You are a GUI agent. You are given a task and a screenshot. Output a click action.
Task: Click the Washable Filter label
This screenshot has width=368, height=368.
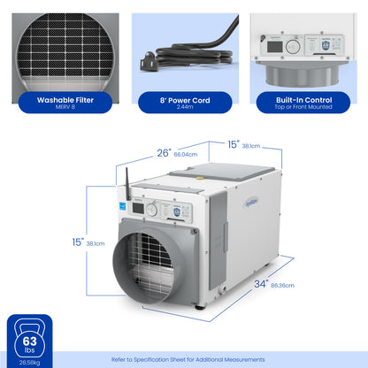tap(61, 100)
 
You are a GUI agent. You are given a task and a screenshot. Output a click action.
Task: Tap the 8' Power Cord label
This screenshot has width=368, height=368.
tap(184, 100)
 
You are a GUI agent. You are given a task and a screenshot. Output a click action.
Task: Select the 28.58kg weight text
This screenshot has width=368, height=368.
tap(29, 362)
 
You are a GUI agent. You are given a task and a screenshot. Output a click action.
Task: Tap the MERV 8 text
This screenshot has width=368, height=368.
tap(61, 110)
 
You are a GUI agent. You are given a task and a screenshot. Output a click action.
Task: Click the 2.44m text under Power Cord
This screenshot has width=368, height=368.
tap(184, 110)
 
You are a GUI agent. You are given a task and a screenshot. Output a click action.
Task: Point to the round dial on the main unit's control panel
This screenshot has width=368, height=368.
tap(151, 211)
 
